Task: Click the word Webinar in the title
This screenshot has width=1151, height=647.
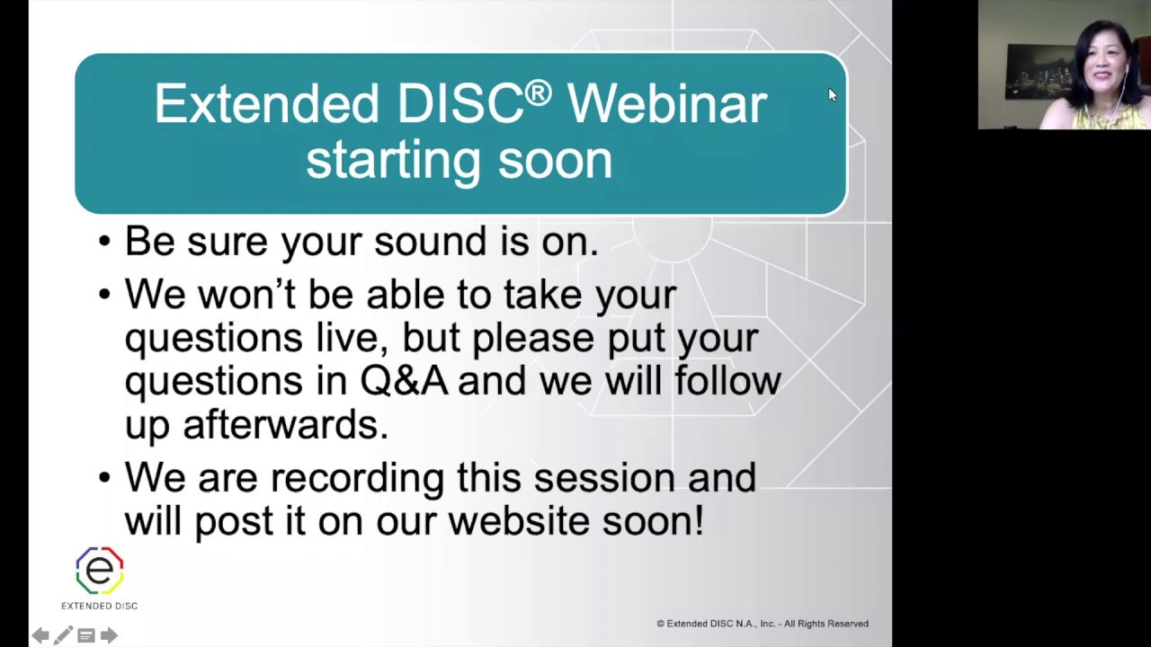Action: [666, 104]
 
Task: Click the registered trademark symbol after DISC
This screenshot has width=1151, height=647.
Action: [538, 93]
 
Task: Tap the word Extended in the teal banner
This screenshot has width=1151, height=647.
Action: [266, 104]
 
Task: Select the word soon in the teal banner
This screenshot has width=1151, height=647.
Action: [555, 160]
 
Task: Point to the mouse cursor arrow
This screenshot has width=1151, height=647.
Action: [832, 94]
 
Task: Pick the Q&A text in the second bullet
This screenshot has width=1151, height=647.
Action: [404, 381]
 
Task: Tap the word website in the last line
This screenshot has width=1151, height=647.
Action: [520, 521]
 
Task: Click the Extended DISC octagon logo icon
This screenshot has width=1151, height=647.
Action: [99, 571]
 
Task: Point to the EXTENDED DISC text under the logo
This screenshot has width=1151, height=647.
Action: [99, 606]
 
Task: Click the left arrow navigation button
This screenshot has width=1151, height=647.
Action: [40, 635]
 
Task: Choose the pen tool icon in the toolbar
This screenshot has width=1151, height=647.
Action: [63, 635]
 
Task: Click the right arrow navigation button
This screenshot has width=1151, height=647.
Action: [109, 635]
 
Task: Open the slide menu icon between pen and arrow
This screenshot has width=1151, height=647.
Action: [86, 635]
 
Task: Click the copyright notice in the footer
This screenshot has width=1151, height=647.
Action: [762, 624]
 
